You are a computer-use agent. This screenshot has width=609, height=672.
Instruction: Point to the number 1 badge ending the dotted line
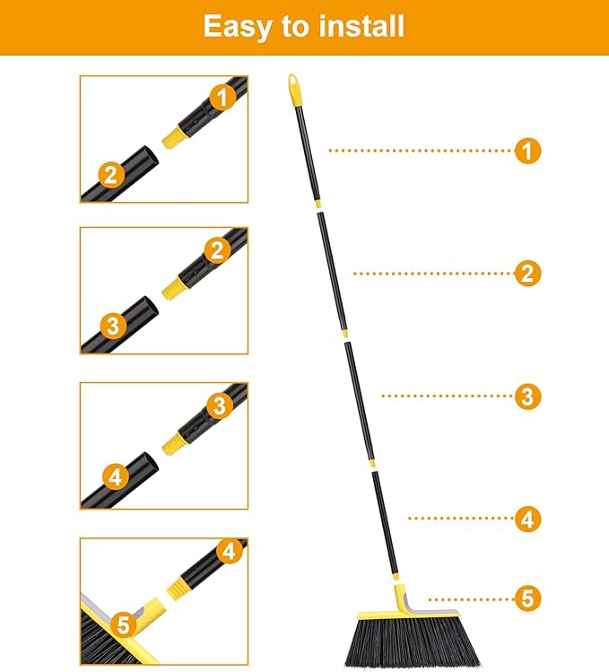(528, 151)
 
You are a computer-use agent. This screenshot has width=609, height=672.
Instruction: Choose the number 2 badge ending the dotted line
(528, 273)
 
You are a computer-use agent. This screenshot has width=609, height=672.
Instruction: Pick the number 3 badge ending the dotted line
(528, 396)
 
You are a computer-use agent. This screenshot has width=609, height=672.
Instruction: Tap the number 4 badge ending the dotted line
(528, 518)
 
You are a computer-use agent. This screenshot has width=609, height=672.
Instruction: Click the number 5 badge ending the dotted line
(528, 598)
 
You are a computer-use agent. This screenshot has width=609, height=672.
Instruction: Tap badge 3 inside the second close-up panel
(112, 326)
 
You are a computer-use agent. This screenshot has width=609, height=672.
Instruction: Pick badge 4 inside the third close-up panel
(114, 477)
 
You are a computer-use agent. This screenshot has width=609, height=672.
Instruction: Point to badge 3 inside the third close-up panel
(219, 406)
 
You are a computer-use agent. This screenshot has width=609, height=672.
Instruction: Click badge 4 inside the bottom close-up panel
(231, 551)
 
